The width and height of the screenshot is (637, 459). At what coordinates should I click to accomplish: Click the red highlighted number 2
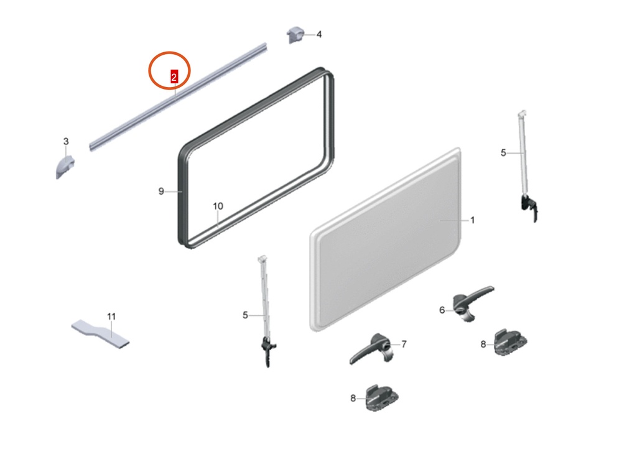(174, 76)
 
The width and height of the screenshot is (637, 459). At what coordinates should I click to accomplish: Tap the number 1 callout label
(473, 220)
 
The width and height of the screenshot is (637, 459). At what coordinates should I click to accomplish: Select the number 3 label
(66, 141)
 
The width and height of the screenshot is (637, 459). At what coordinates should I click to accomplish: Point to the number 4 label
(319, 35)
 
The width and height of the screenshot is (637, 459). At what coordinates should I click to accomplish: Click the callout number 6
(442, 310)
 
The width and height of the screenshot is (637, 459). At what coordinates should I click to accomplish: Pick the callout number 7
(404, 345)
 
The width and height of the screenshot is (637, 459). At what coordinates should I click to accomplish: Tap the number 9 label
(161, 192)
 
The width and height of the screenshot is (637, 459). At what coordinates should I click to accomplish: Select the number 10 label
(218, 206)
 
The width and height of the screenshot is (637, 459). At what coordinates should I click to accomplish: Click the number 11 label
(111, 316)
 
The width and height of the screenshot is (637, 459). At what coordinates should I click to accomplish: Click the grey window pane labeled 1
(385, 239)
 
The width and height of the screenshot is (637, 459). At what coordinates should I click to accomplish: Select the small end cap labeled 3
(65, 167)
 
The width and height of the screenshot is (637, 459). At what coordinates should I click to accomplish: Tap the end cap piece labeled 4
(295, 35)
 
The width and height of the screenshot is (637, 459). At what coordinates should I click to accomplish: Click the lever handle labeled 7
(374, 348)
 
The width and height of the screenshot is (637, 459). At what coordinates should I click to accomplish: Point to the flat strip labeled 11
(100, 334)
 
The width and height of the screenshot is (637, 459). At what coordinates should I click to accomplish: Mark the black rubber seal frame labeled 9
(180, 195)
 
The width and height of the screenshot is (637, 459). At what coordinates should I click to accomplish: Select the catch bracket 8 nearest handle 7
(382, 399)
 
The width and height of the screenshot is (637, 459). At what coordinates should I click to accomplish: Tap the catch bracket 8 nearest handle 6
(510, 343)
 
